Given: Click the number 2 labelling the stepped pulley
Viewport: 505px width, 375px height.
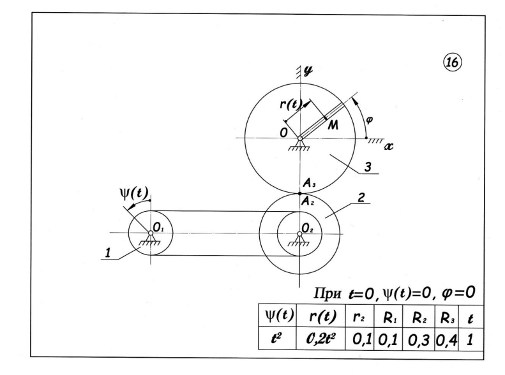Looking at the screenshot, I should pyautogui.click(x=361, y=198).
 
